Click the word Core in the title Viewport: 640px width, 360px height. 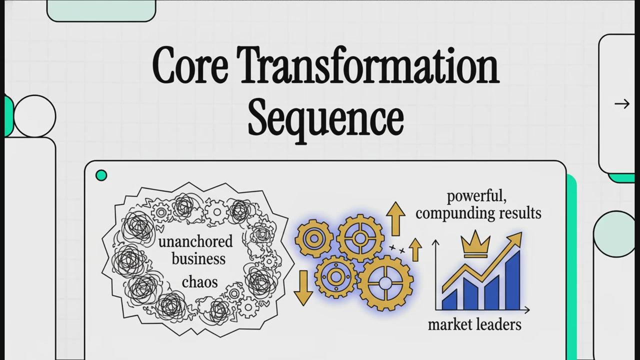pos(190,65)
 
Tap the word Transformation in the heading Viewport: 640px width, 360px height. pos(370,65)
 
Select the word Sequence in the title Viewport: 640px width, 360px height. pos(325,120)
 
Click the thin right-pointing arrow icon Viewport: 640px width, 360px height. pos(622,104)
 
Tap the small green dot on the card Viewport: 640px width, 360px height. pos(101,175)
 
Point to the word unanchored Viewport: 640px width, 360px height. pos(195,241)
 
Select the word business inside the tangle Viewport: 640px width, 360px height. pos(198,259)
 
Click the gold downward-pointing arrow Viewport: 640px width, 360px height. pos(303,288)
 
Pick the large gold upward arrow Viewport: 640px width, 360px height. pos(395,218)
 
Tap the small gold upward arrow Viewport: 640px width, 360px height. pos(415,249)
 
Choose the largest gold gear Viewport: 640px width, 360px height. pos(385,283)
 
